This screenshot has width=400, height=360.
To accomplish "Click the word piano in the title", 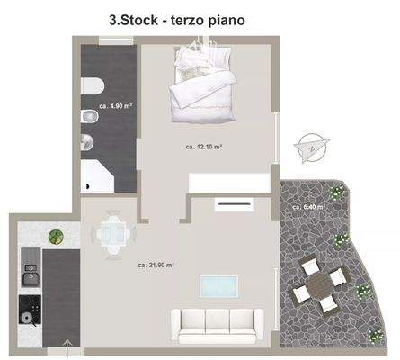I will click(x=221, y=18).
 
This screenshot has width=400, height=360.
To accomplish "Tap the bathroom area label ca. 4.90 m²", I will click(x=116, y=106).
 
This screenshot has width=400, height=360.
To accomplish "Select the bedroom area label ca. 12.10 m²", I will click(x=204, y=146).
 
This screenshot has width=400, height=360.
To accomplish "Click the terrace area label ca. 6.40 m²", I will click(x=308, y=206).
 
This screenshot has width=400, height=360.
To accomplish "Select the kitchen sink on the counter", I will click(x=30, y=267).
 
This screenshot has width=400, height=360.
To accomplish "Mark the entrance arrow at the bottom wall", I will click(x=67, y=344).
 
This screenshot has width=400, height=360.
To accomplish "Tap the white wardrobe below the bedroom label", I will click(x=228, y=180).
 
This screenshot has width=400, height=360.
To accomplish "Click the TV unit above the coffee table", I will click(x=233, y=203).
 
